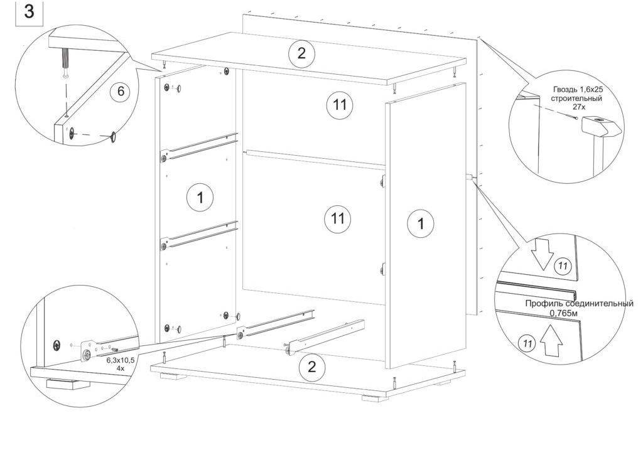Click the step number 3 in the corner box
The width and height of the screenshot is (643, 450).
[29, 12]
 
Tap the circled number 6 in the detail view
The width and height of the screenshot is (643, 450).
[120, 92]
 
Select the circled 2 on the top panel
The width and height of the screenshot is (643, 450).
[301, 53]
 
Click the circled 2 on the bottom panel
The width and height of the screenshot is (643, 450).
[311, 367]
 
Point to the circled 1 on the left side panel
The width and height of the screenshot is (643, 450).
[200, 198]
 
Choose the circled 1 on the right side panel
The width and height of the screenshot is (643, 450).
[421, 223]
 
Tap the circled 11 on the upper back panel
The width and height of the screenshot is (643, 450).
[340, 105]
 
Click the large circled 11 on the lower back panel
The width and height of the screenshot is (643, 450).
[338, 218]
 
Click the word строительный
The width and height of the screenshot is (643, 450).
[578, 99]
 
